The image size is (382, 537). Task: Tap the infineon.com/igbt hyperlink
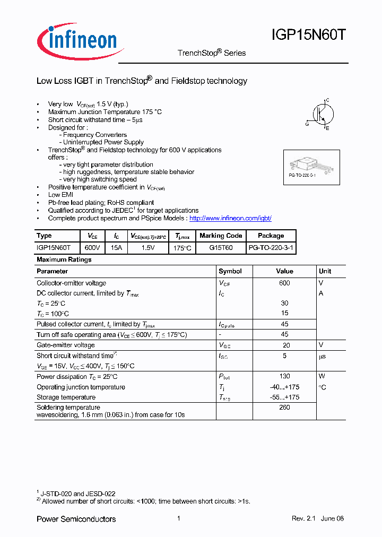230,218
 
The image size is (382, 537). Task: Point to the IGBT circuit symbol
320,114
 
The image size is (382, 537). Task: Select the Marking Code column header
221,236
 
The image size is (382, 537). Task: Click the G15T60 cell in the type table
221,248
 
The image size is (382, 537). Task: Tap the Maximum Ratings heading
64,259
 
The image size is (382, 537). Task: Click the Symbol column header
230,271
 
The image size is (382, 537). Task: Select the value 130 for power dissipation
284,376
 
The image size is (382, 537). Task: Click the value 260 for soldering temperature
284,408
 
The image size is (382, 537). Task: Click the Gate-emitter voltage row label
66,345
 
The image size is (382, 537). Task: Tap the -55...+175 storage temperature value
284,397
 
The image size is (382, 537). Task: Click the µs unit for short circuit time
322,356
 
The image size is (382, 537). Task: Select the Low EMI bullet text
61,195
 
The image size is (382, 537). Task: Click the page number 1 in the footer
179,518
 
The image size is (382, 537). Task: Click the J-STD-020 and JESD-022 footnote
78,493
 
